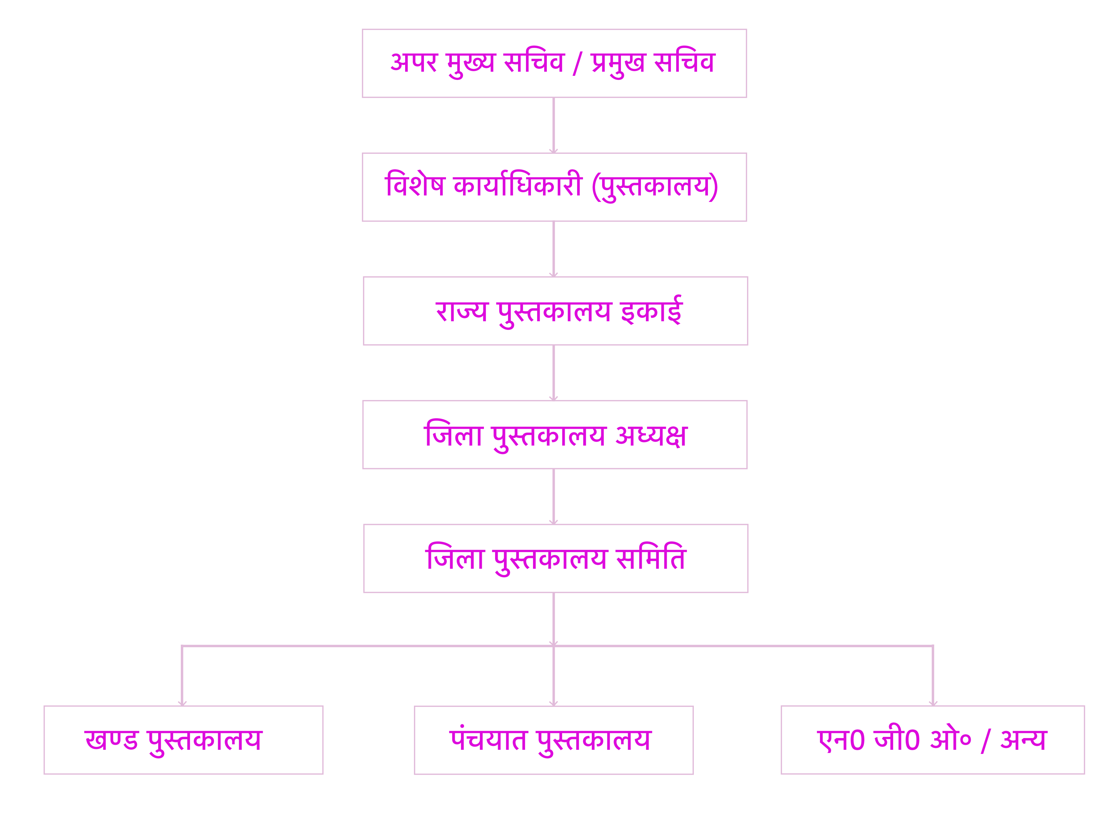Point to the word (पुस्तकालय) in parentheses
(x=654, y=186)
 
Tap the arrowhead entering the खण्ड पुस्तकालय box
(x=182, y=702)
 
